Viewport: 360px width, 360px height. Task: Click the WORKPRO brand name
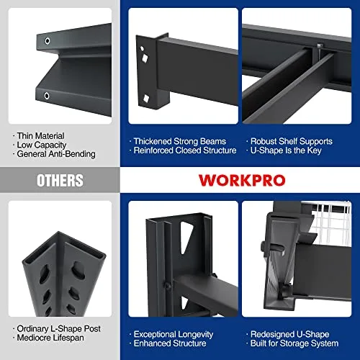click(x=238, y=179)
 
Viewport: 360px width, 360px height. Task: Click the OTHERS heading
click(x=60, y=180)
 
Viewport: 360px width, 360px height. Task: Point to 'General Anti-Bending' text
click(x=53, y=153)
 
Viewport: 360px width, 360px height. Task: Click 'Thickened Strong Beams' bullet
click(x=179, y=142)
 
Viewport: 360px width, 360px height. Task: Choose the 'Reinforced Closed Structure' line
click(x=184, y=151)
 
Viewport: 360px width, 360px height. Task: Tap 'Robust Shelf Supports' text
click(x=290, y=142)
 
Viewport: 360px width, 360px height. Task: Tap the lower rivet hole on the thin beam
click(x=47, y=95)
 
